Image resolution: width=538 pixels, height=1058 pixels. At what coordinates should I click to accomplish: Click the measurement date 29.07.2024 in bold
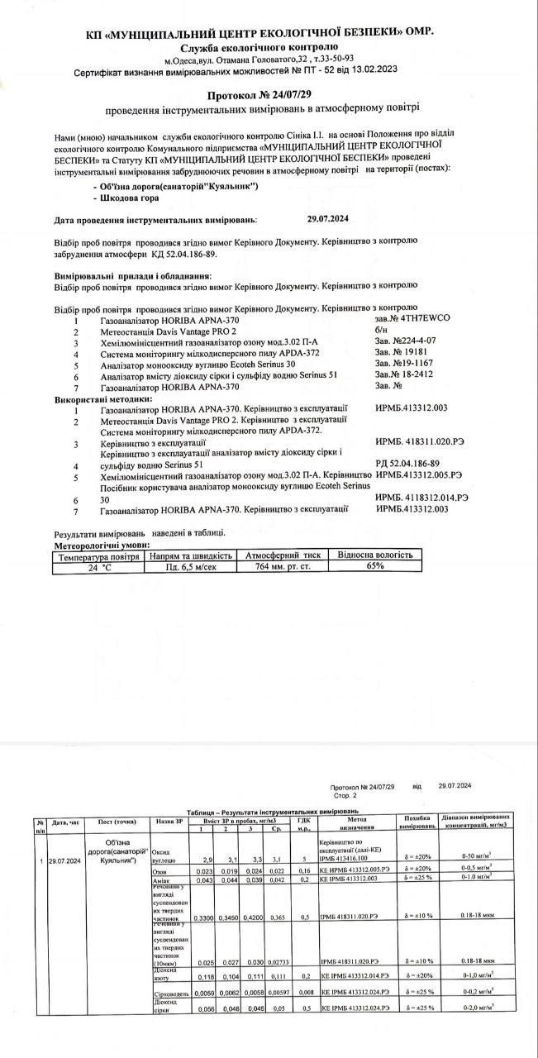[329, 221]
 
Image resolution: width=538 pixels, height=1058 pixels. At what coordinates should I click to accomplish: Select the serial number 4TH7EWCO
[401, 318]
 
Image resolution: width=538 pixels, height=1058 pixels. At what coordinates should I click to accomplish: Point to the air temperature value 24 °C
[99, 567]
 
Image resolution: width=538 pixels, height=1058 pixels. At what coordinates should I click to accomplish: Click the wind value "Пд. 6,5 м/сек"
[191, 567]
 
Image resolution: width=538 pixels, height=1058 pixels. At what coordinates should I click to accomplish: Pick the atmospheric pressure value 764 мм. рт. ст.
[283, 567]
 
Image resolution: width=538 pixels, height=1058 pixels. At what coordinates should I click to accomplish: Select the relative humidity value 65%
[376, 566]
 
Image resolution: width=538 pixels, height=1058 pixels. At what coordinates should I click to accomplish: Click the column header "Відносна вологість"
[376, 555]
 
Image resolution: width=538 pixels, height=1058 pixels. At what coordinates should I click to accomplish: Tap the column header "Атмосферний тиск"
[283, 555]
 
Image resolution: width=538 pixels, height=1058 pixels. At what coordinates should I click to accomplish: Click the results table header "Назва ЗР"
[169, 822]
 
